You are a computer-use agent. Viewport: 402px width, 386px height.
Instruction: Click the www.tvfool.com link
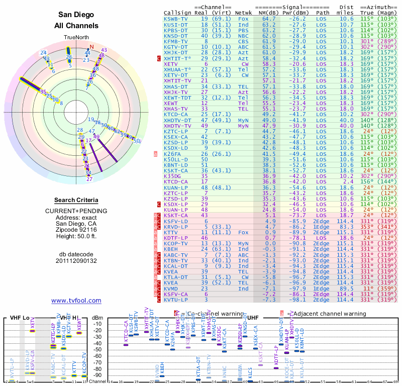coord(76,301)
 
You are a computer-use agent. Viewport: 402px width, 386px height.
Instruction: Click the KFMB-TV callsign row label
coord(177,42)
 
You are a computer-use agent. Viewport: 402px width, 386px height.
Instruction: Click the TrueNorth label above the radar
coord(76,38)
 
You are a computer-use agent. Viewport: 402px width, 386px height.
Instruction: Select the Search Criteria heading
coord(76,200)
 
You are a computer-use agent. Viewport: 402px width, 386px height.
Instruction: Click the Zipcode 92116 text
coord(76,230)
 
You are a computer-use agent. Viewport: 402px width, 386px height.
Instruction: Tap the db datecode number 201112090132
coord(76,260)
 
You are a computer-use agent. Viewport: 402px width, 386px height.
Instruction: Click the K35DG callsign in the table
coord(173,176)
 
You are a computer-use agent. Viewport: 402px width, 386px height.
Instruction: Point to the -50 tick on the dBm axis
coord(96,349)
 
